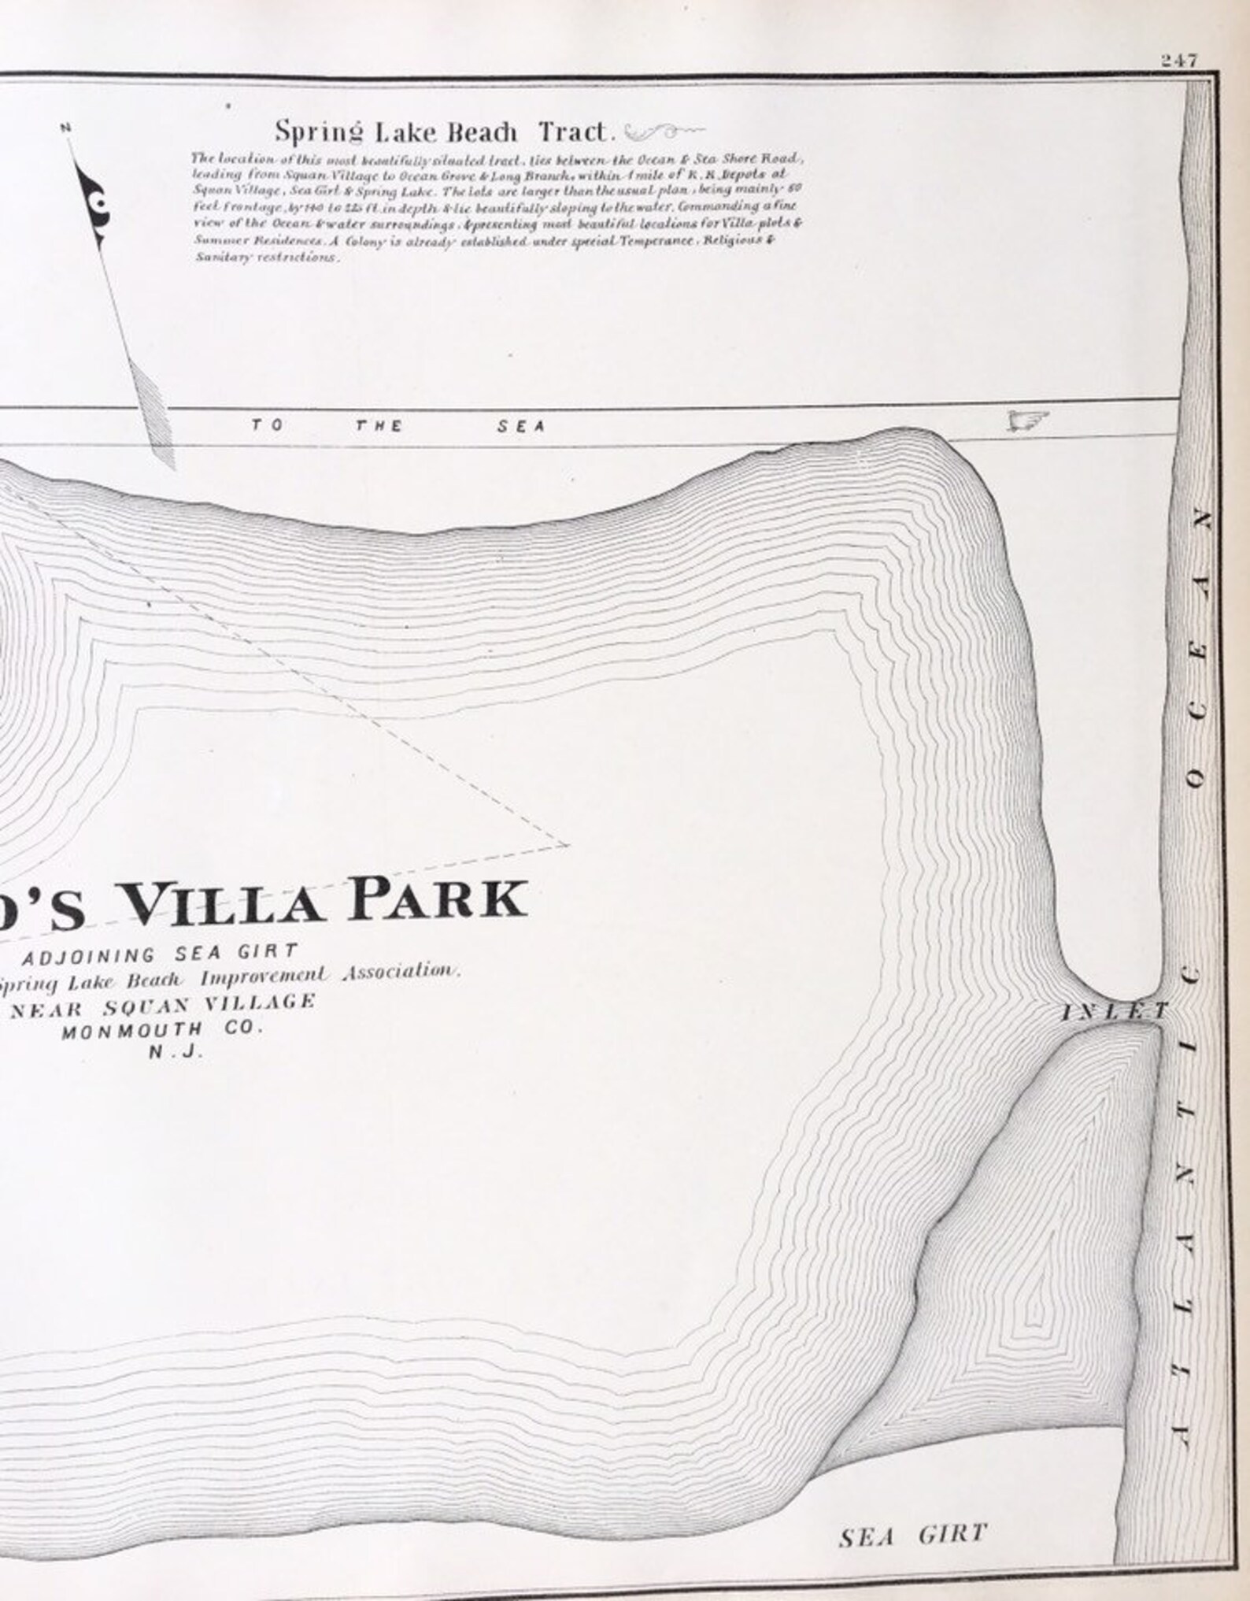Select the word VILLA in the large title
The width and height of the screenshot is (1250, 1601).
(224, 902)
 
